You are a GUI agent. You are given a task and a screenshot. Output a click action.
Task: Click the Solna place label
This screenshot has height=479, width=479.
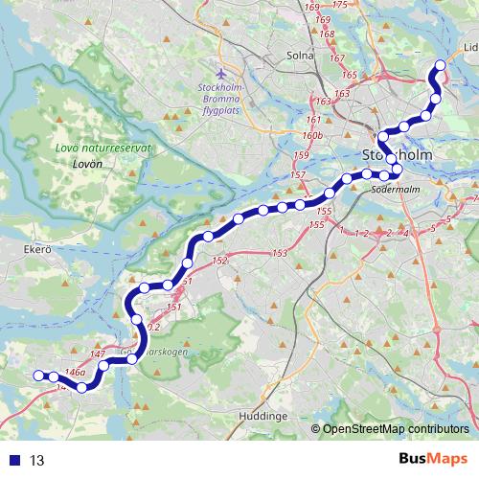pos(300,55)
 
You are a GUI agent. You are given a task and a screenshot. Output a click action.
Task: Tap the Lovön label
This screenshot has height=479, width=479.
pos(86,164)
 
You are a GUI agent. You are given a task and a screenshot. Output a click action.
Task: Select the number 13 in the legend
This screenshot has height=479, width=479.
pos(37,461)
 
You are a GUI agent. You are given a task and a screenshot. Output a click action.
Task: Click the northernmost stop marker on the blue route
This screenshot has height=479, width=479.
pos(441,66)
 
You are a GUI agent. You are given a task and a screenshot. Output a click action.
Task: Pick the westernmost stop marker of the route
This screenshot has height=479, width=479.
pos(39,376)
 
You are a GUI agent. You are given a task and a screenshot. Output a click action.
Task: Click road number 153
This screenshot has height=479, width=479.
pos(280,253)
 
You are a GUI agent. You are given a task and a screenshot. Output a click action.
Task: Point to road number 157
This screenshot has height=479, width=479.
pos(298,175)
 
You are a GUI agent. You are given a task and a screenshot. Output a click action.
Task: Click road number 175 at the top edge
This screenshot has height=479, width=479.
pos(339,5)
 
